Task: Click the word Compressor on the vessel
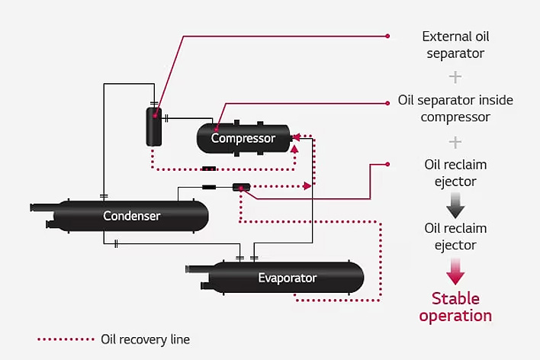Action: point(243,139)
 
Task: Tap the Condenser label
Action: point(132,216)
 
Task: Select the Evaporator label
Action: point(287,278)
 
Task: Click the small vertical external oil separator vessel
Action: point(154,126)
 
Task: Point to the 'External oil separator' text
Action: point(455,45)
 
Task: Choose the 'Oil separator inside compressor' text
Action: point(455,109)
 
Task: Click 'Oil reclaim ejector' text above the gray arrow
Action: point(455,173)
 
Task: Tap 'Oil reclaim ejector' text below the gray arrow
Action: point(455,236)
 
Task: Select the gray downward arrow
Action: point(455,205)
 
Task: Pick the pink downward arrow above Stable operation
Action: point(455,271)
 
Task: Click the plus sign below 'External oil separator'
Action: point(455,77)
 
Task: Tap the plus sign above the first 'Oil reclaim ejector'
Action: point(455,142)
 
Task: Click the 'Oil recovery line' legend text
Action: point(145,339)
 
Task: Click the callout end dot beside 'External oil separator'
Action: point(387,36)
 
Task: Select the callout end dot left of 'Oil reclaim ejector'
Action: point(387,164)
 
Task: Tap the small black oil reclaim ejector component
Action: point(241,187)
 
